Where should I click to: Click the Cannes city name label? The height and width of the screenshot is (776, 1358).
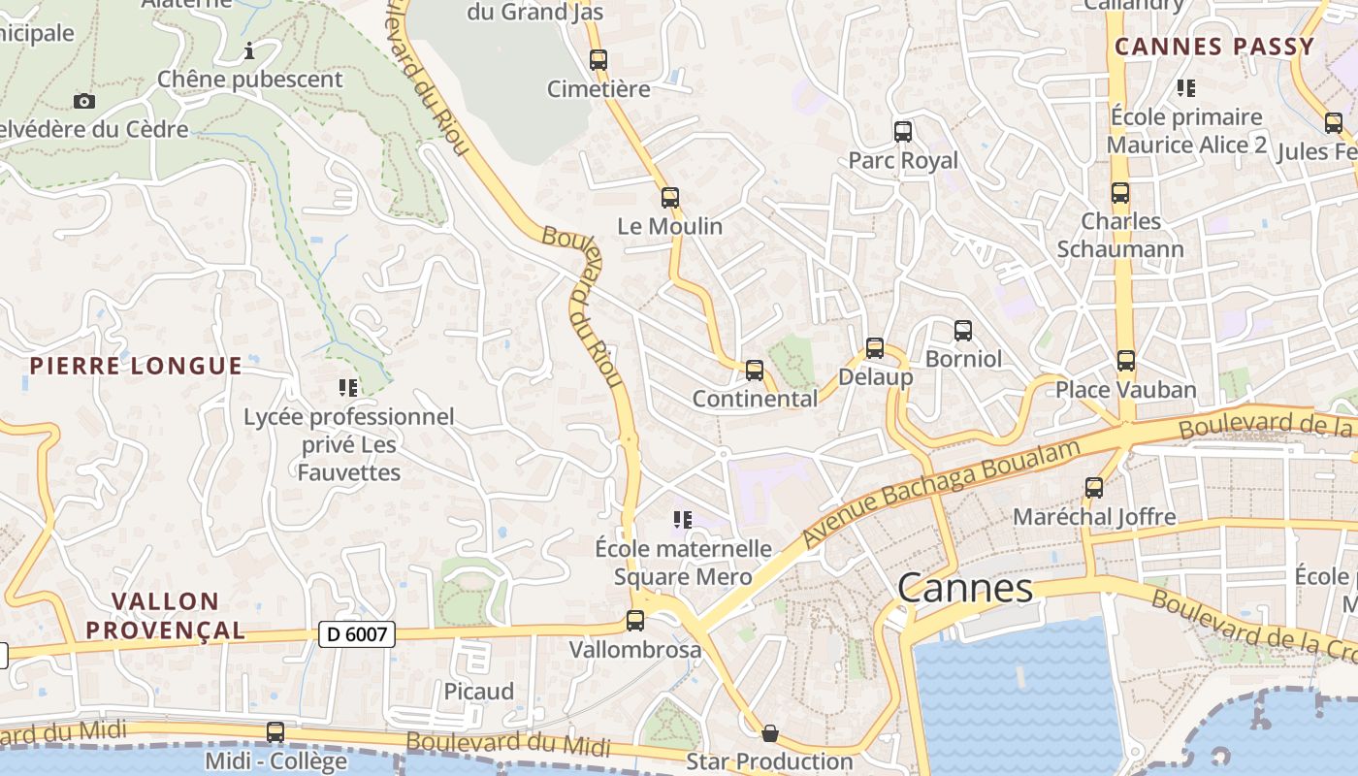tap(965, 589)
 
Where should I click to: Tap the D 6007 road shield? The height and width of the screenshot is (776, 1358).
tap(357, 635)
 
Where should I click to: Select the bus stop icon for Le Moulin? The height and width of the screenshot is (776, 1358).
tap(670, 198)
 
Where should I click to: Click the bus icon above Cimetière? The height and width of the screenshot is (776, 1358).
tap(598, 60)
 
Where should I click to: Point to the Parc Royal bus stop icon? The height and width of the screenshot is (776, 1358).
tap(903, 132)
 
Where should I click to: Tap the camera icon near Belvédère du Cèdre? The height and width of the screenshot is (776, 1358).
tap(84, 101)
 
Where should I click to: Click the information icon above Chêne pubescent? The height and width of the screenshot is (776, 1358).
tap(249, 50)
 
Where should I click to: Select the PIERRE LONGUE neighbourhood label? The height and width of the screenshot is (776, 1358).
tap(136, 366)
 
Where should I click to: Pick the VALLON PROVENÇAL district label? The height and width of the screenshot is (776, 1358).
tap(165, 616)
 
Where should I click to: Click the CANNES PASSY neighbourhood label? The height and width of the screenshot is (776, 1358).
tap(1214, 47)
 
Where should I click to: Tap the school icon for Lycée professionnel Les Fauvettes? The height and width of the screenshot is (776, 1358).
tap(348, 388)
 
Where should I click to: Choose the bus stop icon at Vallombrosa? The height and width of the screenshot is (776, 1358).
tap(635, 621)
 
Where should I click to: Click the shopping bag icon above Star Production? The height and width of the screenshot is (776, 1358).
tap(770, 733)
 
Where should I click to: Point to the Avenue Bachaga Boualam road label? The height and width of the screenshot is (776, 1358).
tap(941, 493)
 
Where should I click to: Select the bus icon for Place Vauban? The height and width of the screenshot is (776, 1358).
tap(1126, 361)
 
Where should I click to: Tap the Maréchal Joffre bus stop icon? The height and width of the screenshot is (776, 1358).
tap(1094, 488)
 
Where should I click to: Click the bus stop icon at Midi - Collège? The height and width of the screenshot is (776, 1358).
tap(275, 732)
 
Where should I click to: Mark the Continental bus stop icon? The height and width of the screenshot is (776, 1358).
tap(755, 371)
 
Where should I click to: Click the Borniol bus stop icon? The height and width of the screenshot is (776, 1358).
tap(963, 331)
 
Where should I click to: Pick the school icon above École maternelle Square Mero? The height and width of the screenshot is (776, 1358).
tap(683, 520)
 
